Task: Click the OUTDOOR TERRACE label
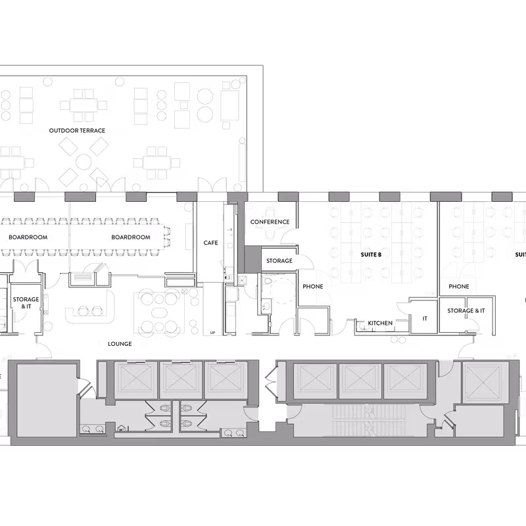78,131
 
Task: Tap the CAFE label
210,243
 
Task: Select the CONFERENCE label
270,222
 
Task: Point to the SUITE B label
371,254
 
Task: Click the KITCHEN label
380,323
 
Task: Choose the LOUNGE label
120,344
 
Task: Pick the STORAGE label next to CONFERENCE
279,261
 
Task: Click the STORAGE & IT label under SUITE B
466,310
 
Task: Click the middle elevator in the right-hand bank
360,380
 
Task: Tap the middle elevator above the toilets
181,379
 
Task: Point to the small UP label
212,333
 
